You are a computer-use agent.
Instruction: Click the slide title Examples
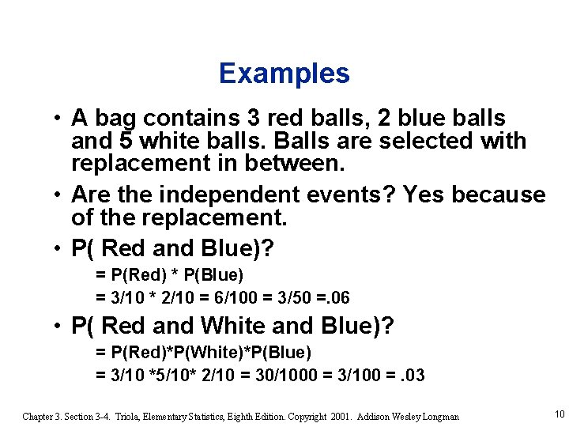(x=284, y=74)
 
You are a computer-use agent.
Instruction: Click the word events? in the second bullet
(x=348, y=195)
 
